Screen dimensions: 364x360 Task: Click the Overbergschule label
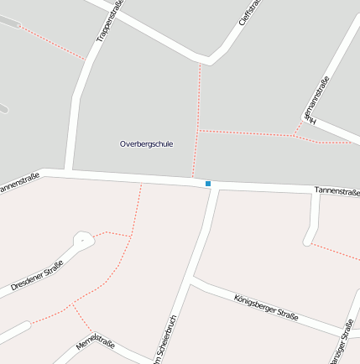(x=146, y=143)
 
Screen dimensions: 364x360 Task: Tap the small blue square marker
(x=208, y=183)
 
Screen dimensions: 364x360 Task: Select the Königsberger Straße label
(x=266, y=307)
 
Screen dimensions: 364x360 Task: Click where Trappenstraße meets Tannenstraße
(x=71, y=174)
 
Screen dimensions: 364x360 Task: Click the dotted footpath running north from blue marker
(x=197, y=126)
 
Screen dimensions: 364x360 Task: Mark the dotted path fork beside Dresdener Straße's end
(x=131, y=236)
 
